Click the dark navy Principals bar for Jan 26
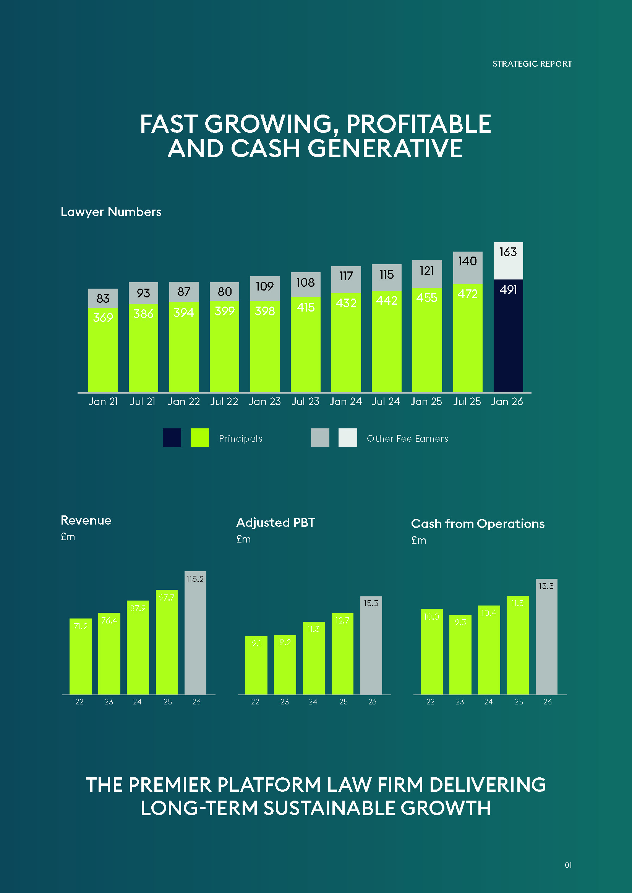click(508, 336)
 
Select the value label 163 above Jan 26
click(508, 252)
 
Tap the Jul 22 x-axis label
click(224, 401)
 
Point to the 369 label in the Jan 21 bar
click(103, 317)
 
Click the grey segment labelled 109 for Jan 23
click(265, 288)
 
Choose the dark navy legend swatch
click(172, 438)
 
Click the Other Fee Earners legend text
click(407, 438)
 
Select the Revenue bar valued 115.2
click(195, 633)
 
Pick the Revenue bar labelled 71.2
click(81, 657)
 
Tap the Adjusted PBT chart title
click(275, 522)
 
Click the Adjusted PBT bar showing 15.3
click(371, 646)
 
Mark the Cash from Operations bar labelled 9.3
click(460, 655)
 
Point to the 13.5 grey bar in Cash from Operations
click(546, 637)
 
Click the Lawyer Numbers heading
click(111, 212)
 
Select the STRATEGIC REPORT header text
click(532, 64)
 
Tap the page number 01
click(568, 865)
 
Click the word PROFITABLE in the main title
click(418, 124)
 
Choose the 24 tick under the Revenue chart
click(138, 702)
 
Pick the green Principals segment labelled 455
click(427, 340)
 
